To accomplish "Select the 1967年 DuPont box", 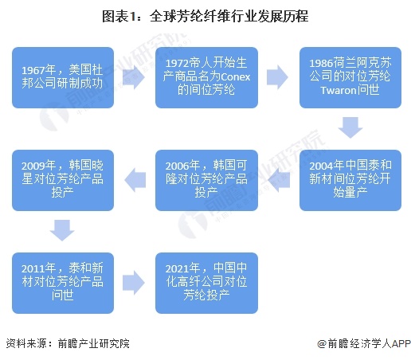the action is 63,77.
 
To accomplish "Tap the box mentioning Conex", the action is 206,77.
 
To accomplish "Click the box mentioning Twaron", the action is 350,77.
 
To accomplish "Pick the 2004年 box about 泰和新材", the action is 350,180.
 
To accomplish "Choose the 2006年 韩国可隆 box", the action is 206,180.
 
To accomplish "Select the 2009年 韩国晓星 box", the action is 63,180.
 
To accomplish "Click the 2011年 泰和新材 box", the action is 63,283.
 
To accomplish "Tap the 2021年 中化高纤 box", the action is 206,283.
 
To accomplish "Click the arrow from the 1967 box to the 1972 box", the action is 134,77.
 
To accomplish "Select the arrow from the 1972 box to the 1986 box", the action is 277,77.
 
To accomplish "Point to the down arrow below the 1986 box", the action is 350,127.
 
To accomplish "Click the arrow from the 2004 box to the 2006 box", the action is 279,180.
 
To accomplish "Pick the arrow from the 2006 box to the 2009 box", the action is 135,180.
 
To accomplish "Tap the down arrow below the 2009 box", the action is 62,230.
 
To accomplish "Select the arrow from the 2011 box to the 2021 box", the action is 134,283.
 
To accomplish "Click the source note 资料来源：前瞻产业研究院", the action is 68,343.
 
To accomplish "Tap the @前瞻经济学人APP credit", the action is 364,343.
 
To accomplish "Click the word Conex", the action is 236,77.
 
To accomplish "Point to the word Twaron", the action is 339,90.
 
